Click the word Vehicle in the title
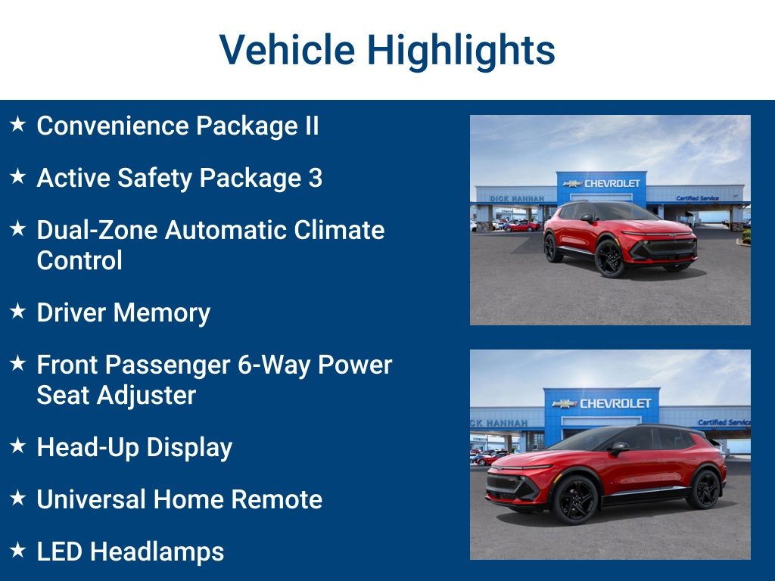coord(287,50)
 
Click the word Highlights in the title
coord(461,51)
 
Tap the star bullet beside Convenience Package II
coord(18,124)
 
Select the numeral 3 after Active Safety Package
coord(315,178)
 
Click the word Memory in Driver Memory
coord(168,312)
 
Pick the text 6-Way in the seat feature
coord(272,365)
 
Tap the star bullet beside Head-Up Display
coord(18,446)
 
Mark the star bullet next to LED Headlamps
coord(18,550)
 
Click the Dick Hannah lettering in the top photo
coord(516,198)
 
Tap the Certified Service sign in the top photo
coord(697,198)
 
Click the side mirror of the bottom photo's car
coord(619,448)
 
